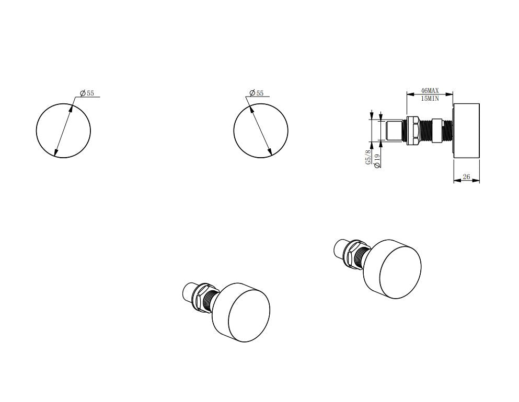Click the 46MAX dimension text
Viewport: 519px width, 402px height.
[430, 90]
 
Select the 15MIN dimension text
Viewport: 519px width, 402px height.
[430, 98]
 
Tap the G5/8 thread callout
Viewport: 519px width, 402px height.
[368, 158]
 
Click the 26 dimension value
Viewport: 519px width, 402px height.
[466, 177]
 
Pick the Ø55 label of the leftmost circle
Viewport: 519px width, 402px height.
[87, 93]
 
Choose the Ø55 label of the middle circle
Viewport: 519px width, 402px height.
[257, 93]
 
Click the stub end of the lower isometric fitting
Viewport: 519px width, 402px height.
[187, 292]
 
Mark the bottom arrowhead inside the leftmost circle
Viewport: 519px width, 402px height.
[56, 154]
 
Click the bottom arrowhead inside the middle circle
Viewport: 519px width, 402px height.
[270, 152]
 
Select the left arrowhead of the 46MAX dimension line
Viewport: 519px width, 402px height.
[409, 94]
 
